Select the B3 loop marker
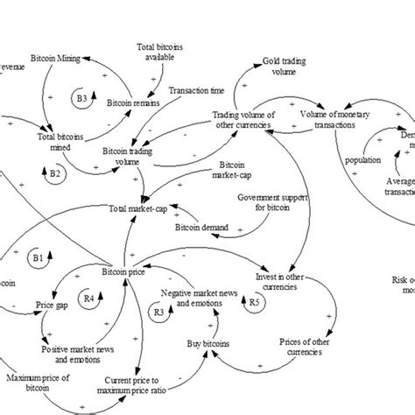(81, 99)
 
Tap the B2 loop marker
(55, 175)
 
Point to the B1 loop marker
(37, 258)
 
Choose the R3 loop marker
(158, 311)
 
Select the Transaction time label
(198, 91)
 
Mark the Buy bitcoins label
(206, 346)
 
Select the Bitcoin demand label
(202, 229)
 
